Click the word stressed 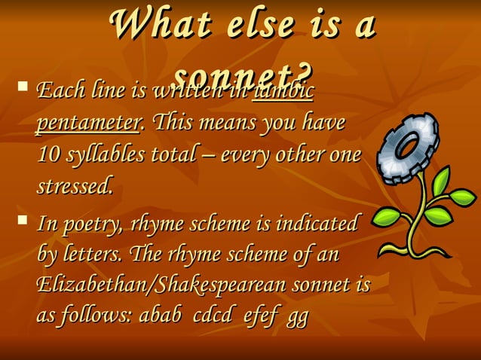coord(75,185)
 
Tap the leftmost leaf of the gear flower coord(387,216)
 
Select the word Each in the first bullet coord(57,93)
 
